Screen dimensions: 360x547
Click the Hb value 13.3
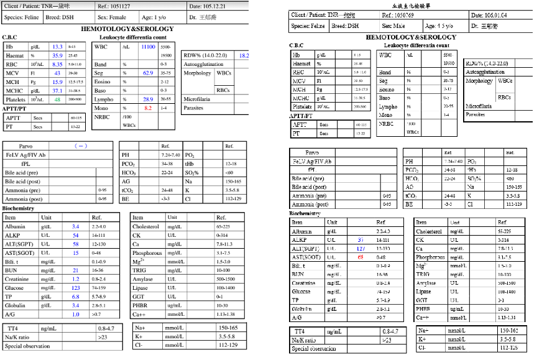pyautogui.click(x=57, y=47)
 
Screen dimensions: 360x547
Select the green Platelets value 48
pyautogui.click(x=57, y=99)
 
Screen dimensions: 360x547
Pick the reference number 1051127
pyautogui.click(x=117, y=6)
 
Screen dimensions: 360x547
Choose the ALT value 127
pyautogui.click(x=361, y=249)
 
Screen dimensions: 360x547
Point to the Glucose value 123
pyautogui.click(x=76, y=288)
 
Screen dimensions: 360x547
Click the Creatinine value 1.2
pyautogui.click(x=76, y=279)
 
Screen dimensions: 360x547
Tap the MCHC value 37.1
pyautogui.click(x=57, y=91)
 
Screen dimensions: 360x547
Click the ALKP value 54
pyautogui.click(x=76, y=236)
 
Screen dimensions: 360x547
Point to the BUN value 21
pyautogui.click(x=76, y=270)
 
